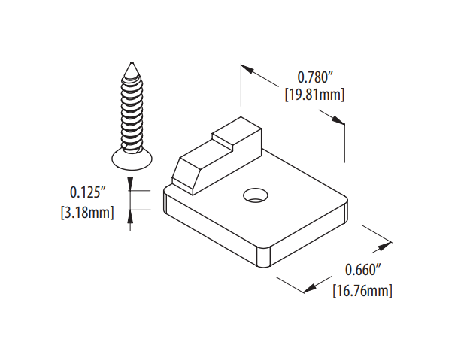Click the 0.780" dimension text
(x=315, y=77)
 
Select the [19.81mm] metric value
(x=315, y=95)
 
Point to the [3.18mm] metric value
(x=86, y=213)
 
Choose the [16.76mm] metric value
(x=362, y=289)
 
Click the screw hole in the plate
(x=255, y=195)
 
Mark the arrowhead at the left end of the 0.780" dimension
(x=246, y=70)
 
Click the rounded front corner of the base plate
(x=264, y=258)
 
